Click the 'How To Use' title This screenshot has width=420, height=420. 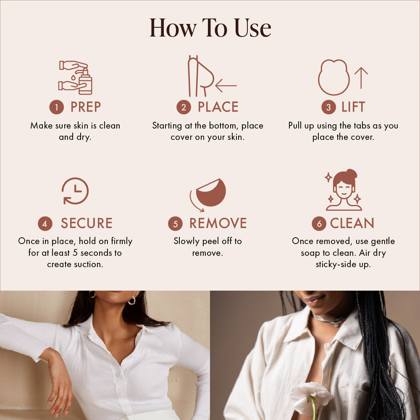point(210,28)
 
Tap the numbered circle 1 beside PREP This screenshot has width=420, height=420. point(57,107)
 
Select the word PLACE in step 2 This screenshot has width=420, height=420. point(218,107)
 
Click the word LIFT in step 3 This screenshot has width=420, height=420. point(353,107)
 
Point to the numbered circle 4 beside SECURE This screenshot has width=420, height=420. point(45,223)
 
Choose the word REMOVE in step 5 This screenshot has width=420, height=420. point(218,223)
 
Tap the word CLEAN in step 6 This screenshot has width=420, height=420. point(352,223)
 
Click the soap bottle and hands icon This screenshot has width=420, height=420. point(76,78)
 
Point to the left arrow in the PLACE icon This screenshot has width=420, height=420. point(226,86)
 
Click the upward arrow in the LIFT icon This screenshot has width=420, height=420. point(361,78)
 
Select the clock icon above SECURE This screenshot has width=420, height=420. point(75,191)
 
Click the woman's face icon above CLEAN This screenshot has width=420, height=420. point(344,190)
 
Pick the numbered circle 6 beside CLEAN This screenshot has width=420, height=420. point(319,223)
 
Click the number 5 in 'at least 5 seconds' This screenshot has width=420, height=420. point(75,252)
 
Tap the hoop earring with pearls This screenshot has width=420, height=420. point(132,301)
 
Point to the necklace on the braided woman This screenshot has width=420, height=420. point(329,320)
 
